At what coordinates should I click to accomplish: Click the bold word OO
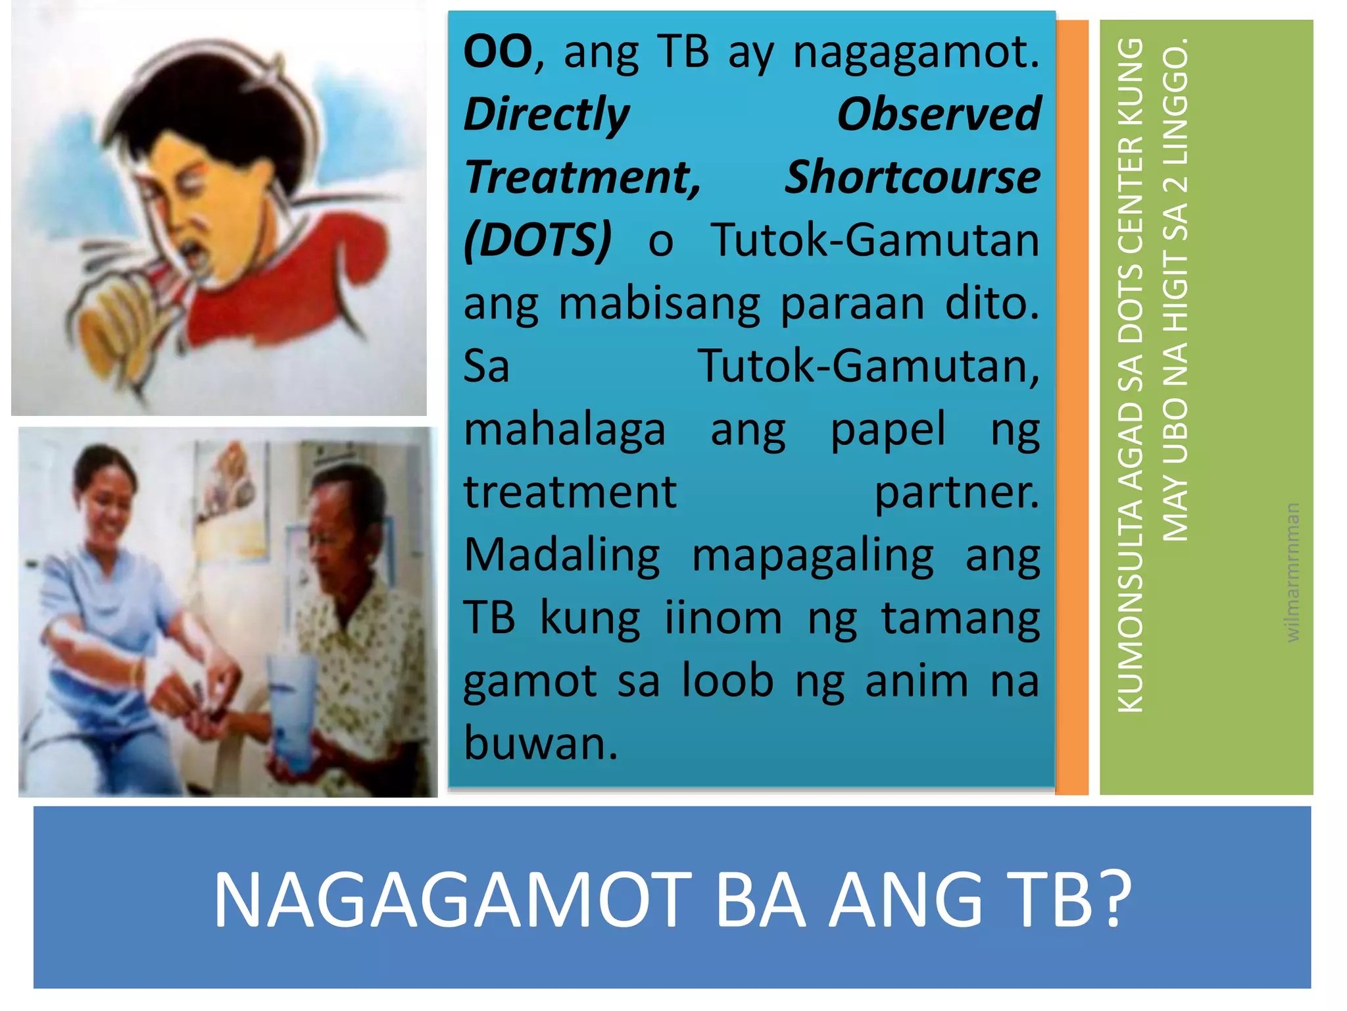click(x=498, y=53)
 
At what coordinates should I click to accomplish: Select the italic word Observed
click(x=939, y=115)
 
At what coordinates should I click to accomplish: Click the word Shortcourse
click(x=912, y=178)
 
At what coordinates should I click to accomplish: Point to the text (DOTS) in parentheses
click(x=537, y=241)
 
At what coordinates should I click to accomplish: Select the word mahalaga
click(x=565, y=430)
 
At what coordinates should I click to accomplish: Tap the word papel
click(x=888, y=430)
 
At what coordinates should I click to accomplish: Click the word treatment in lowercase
click(x=570, y=493)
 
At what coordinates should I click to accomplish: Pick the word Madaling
click(x=562, y=556)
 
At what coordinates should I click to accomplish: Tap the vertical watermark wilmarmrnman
click(x=1292, y=572)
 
